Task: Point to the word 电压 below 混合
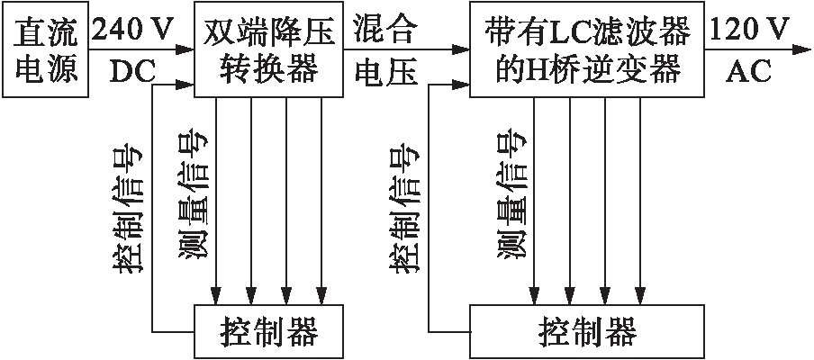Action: coord(387,72)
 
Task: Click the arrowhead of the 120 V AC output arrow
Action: coord(802,51)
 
